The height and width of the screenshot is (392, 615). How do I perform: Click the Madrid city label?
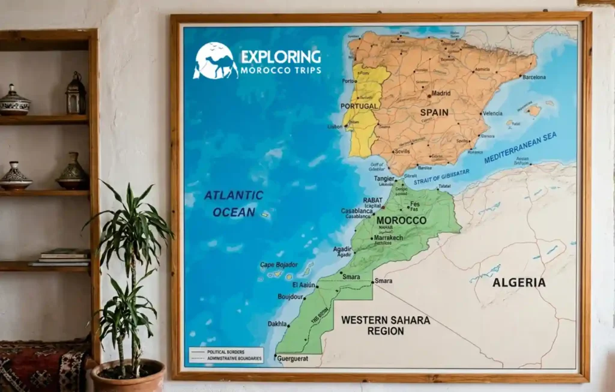(x=441, y=94)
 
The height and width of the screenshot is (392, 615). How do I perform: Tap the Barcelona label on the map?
(x=533, y=77)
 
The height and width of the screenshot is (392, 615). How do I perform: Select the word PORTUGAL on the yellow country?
(x=359, y=106)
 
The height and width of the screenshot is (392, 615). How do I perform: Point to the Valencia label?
(x=492, y=113)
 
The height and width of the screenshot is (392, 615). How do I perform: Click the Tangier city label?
(x=384, y=179)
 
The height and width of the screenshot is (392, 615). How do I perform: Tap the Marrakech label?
(x=388, y=238)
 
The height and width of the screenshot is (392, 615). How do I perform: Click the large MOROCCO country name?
(x=401, y=220)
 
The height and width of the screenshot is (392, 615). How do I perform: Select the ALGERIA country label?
(x=519, y=282)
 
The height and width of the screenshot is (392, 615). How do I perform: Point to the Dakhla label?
(x=277, y=324)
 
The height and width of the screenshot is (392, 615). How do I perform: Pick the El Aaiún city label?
(x=303, y=285)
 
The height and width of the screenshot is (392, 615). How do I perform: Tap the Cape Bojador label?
(x=279, y=265)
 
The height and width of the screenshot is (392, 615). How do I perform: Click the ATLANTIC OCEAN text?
(x=234, y=204)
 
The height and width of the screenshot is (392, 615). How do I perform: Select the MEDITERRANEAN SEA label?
(x=520, y=148)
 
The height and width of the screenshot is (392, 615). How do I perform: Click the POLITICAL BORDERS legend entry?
(x=225, y=351)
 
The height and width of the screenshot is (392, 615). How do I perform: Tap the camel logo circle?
(x=215, y=61)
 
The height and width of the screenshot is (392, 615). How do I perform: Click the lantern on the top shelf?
(x=76, y=94)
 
